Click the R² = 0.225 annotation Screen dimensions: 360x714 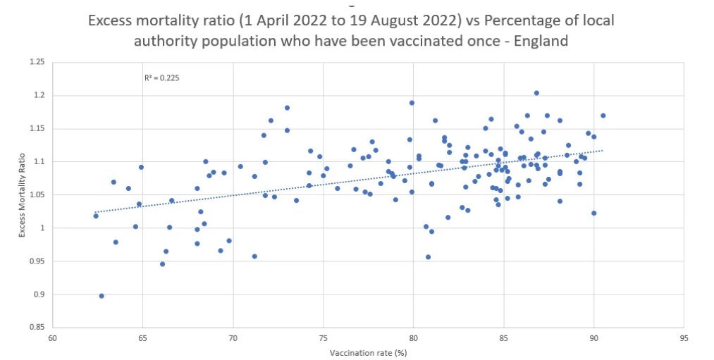pyautogui.click(x=162, y=78)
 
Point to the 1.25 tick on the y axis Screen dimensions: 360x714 pyautogui.click(x=37, y=63)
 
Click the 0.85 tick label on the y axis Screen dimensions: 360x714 pyautogui.click(x=37, y=328)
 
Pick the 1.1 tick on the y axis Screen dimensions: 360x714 pyautogui.click(x=39, y=162)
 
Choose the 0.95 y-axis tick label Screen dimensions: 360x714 pyautogui.click(x=37, y=261)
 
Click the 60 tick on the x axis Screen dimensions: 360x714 pyautogui.click(x=53, y=337)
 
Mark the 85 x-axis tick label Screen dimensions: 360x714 pyautogui.click(x=503, y=337)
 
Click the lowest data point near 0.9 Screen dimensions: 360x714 pyautogui.click(x=101, y=296)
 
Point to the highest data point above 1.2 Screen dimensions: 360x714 pyautogui.click(x=536, y=93)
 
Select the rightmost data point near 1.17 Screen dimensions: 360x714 pyautogui.click(x=603, y=116)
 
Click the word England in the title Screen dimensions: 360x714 pyautogui.click(x=541, y=41)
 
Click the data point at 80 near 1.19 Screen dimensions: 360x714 pyautogui.click(x=412, y=103)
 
